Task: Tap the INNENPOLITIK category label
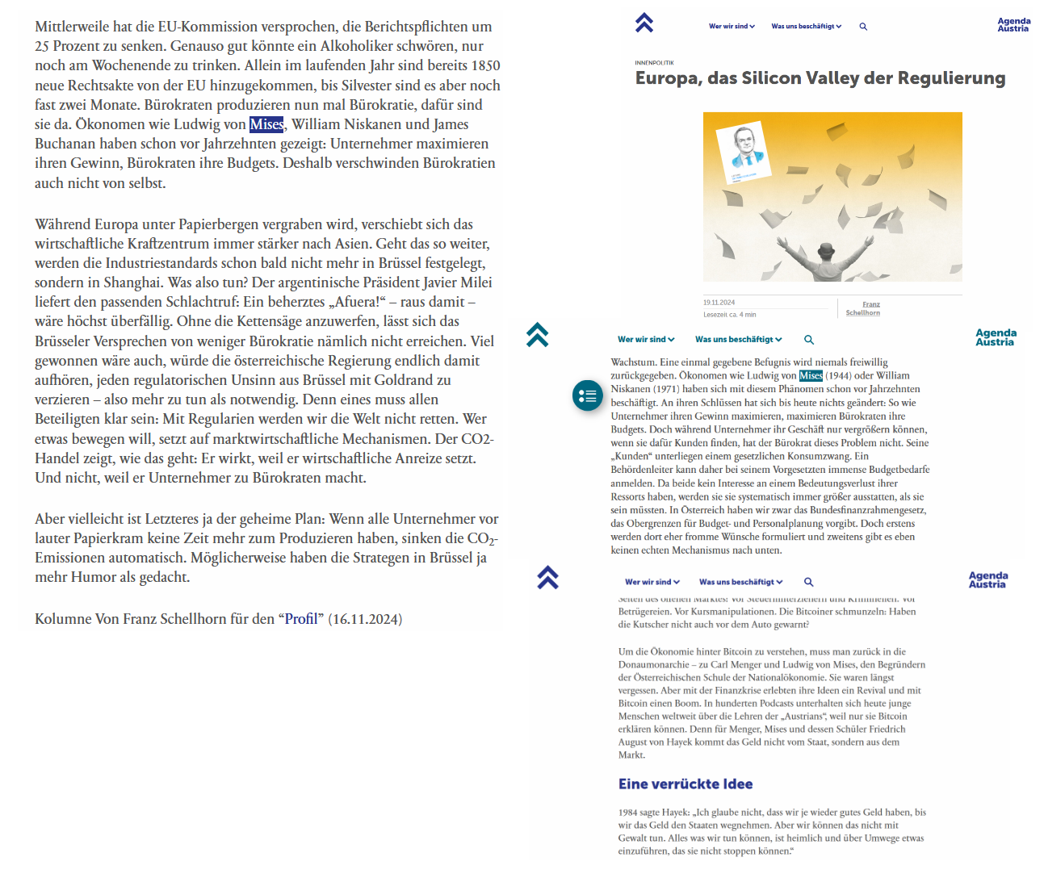pyautogui.click(x=654, y=62)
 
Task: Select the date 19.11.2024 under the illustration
pyautogui.click(x=719, y=303)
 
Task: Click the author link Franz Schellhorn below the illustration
pyautogui.click(x=863, y=308)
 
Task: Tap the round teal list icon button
pyautogui.click(x=588, y=395)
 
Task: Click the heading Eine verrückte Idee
pyautogui.click(x=686, y=784)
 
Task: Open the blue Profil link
pyautogui.click(x=300, y=619)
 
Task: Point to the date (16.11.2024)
pyautogui.click(x=365, y=619)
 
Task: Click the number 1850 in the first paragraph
pyautogui.click(x=484, y=65)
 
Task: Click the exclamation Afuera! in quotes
pyautogui.click(x=355, y=302)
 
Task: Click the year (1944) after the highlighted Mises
pyautogui.click(x=838, y=375)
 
